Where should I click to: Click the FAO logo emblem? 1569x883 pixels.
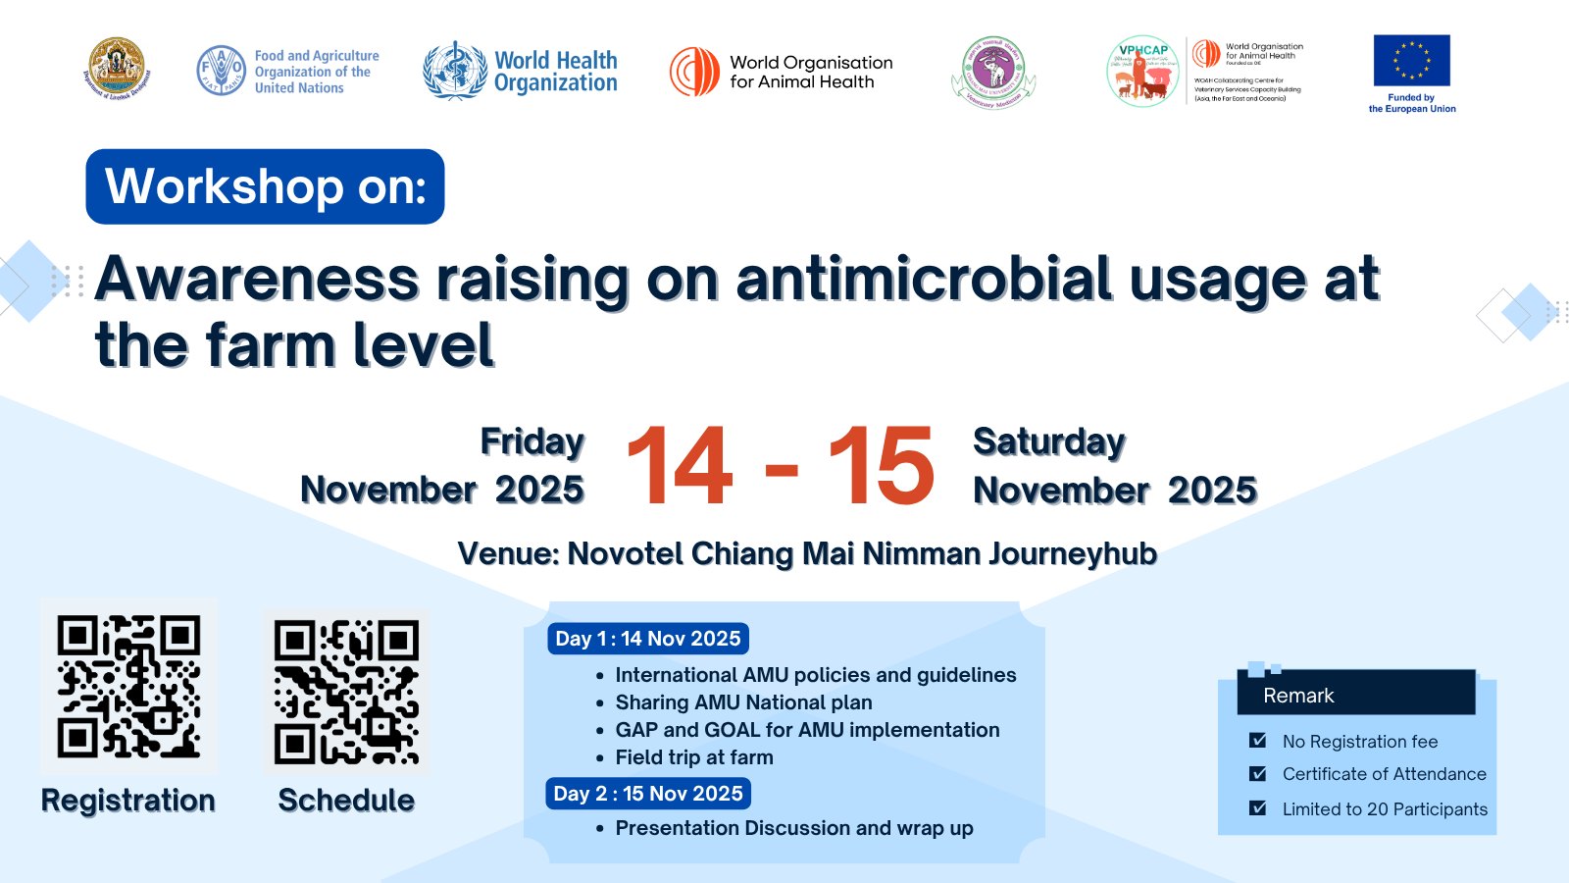(221, 71)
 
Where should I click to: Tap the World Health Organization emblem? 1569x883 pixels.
(455, 71)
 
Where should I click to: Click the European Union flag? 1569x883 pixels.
(1411, 61)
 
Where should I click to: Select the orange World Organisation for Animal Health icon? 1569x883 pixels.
(694, 72)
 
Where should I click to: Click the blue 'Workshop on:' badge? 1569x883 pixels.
(265, 186)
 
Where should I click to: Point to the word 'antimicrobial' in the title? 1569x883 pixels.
(923, 279)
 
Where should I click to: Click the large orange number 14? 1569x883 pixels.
(680, 467)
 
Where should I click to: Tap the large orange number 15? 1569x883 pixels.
(881, 467)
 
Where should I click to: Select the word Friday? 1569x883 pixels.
(531, 441)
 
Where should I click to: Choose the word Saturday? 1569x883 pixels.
(1048, 441)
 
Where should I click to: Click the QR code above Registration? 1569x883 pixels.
(128, 686)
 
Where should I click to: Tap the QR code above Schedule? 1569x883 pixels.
(346, 691)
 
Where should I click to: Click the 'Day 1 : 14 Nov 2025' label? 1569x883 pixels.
(648, 639)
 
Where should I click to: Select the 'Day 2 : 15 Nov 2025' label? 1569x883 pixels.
(648, 794)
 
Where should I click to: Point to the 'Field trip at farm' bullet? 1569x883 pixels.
(693, 757)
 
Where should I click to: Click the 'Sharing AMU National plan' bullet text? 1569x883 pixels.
(743, 702)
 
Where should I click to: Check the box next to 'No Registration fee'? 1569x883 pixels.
(1258, 741)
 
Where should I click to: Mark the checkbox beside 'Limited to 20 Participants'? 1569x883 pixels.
(1258, 808)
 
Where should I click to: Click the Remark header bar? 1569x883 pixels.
(1356, 695)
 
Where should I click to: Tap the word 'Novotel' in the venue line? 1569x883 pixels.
(626, 553)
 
